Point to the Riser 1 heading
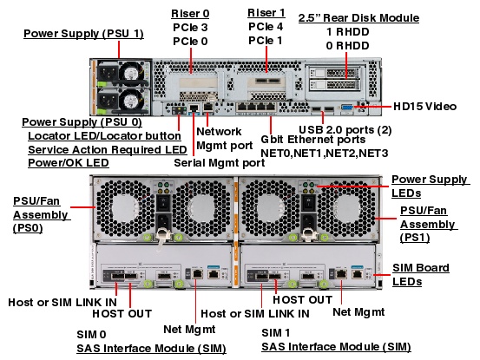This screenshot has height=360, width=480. [265, 13]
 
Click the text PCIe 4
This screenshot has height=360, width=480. [265, 26]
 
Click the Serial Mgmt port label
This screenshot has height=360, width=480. [220, 161]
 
